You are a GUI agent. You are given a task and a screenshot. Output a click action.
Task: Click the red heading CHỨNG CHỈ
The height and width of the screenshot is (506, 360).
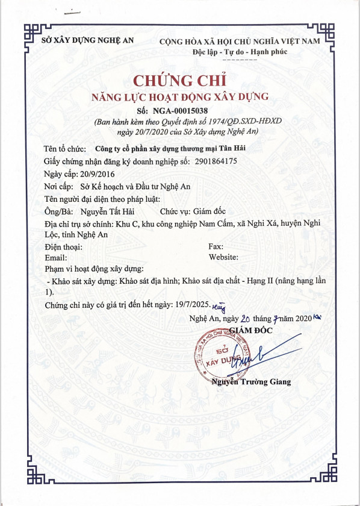coord(179,81)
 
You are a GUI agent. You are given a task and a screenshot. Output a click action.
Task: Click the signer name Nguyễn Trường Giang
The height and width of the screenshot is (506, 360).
coord(251,381)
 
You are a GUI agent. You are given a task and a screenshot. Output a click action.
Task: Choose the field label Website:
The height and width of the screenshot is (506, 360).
coord(223,257)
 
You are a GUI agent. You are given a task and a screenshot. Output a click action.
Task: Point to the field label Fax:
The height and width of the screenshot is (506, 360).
coord(216,246)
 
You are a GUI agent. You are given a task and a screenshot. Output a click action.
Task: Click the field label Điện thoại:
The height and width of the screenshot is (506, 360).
coord(64,246)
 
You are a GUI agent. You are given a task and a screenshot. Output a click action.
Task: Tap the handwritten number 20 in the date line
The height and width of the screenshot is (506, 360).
coord(245,319)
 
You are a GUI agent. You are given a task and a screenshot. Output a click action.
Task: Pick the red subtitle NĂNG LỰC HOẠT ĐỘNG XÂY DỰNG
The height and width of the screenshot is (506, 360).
coord(179,96)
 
